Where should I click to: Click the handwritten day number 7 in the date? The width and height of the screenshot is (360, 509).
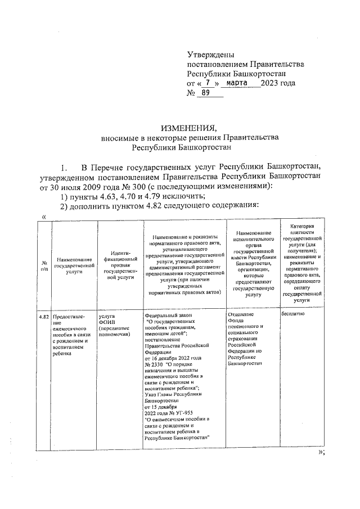coord(208,83)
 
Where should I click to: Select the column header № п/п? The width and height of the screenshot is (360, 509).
coord(43,266)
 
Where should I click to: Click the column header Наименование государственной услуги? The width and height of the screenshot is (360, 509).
coord(74,266)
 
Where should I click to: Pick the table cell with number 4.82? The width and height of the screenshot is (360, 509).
coord(44,317)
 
